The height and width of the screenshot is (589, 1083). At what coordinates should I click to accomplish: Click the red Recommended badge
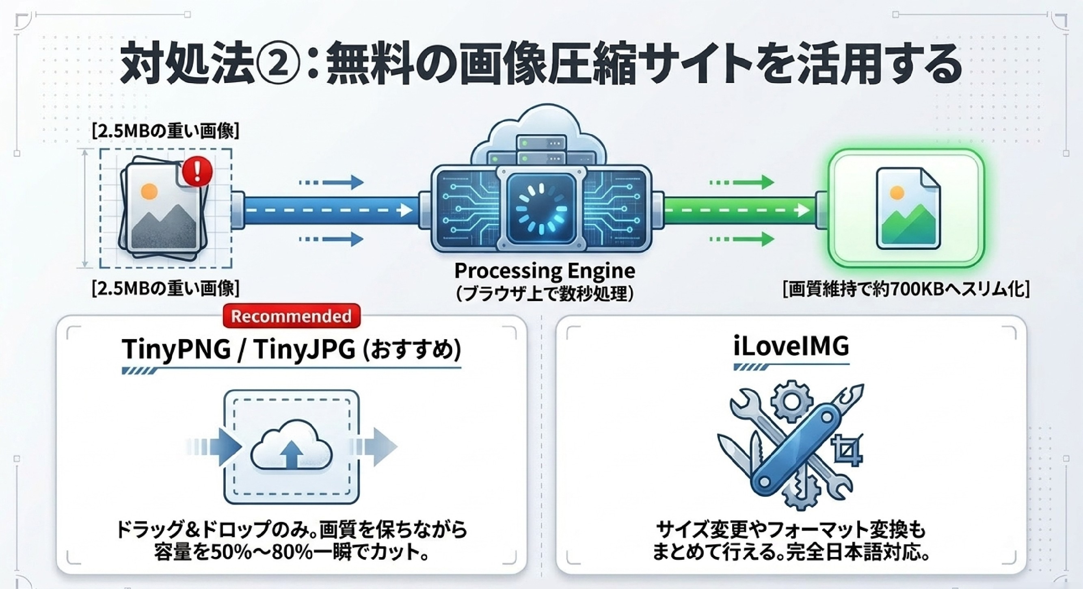[x=291, y=316]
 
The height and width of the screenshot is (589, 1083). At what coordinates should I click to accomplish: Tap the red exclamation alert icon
[x=198, y=171]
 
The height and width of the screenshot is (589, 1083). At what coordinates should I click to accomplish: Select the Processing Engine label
[x=545, y=271]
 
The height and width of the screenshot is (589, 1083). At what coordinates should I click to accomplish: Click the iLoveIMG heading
[x=791, y=347]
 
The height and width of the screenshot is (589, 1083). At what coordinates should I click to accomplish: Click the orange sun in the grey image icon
[x=149, y=192]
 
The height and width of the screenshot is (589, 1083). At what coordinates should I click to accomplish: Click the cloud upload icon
[x=291, y=447]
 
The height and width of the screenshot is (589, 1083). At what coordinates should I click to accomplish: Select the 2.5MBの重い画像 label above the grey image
[x=166, y=131]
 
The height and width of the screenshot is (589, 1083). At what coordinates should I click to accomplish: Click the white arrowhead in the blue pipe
[x=406, y=210]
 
